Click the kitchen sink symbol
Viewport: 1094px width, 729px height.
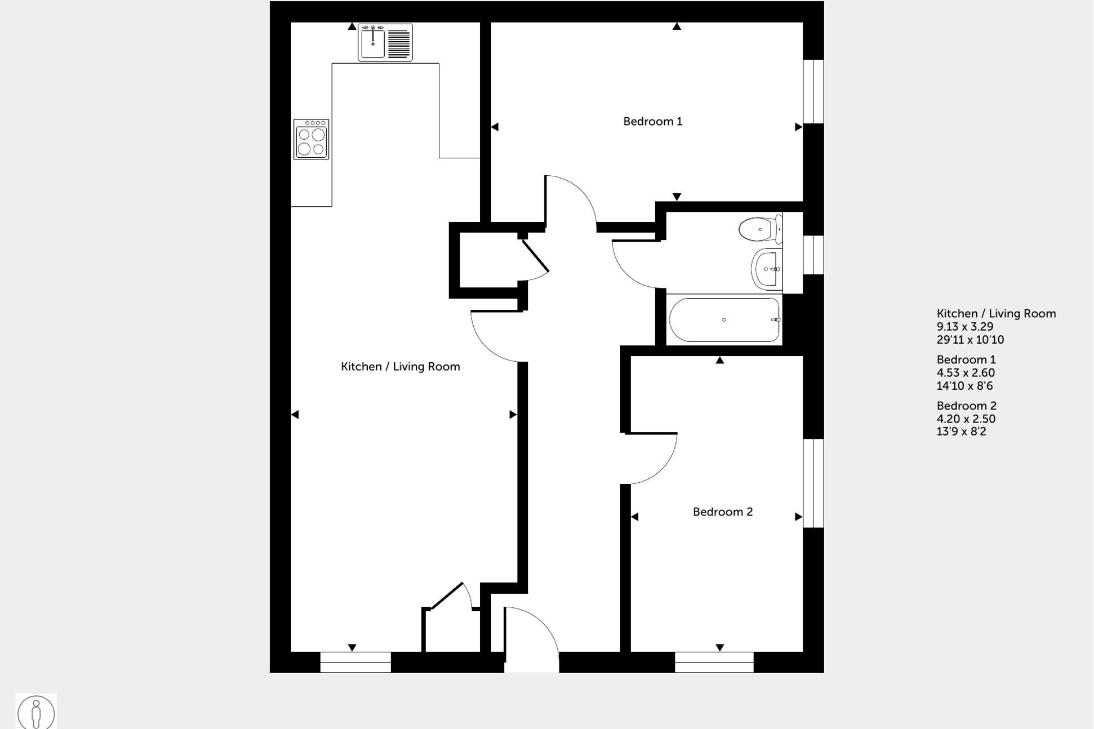(385, 42)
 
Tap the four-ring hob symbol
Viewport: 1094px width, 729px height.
(311, 139)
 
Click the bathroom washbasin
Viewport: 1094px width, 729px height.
(767, 269)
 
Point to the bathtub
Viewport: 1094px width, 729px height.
(724, 319)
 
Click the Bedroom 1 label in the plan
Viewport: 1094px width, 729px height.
(652, 121)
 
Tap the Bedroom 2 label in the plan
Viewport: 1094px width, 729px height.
(722, 512)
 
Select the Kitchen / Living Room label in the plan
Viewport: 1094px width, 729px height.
(400, 367)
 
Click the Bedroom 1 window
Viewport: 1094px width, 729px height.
(813, 91)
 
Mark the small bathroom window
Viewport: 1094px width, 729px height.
(813, 255)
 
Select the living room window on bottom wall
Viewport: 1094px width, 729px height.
(355, 662)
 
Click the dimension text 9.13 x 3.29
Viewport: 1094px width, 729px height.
(964, 327)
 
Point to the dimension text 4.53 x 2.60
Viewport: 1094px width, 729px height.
(965, 373)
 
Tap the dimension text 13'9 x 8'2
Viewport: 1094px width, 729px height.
(961, 432)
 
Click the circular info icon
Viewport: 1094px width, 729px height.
(36, 713)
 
